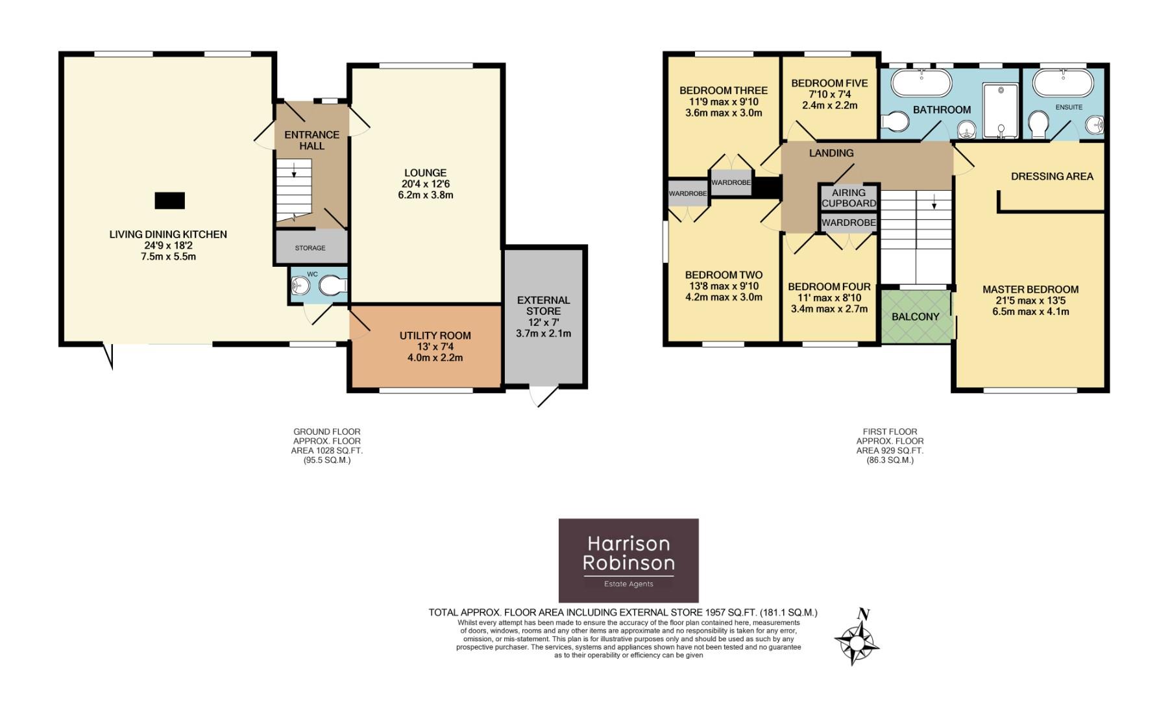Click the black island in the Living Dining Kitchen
pyautogui.click(x=169, y=201)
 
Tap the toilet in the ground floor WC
pyautogui.click(x=336, y=286)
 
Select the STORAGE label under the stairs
pyautogui.click(x=310, y=248)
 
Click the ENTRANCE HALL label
pyautogui.click(x=311, y=140)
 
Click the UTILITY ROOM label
pyautogui.click(x=435, y=336)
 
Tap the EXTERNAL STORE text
pyautogui.click(x=543, y=306)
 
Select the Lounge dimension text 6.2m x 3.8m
pyautogui.click(x=426, y=195)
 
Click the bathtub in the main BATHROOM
pyautogui.click(x=921, y=84)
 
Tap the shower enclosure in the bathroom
pyautogui.click(x=1001, y=110)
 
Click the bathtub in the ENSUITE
pyautogui.click(x=1063, y=83)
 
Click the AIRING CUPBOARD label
pyautogui.click(x=849, y=197)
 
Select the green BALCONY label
pyautogui.click(x=915, y=317)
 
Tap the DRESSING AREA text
pyautogui.click(x=1052, y=176)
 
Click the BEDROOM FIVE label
pyautogui.click(x=829, y=83)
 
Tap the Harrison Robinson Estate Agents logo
pyautogui.click(x=628, y=560)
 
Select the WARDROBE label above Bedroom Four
pyautogui.click(x=849, y=223)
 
